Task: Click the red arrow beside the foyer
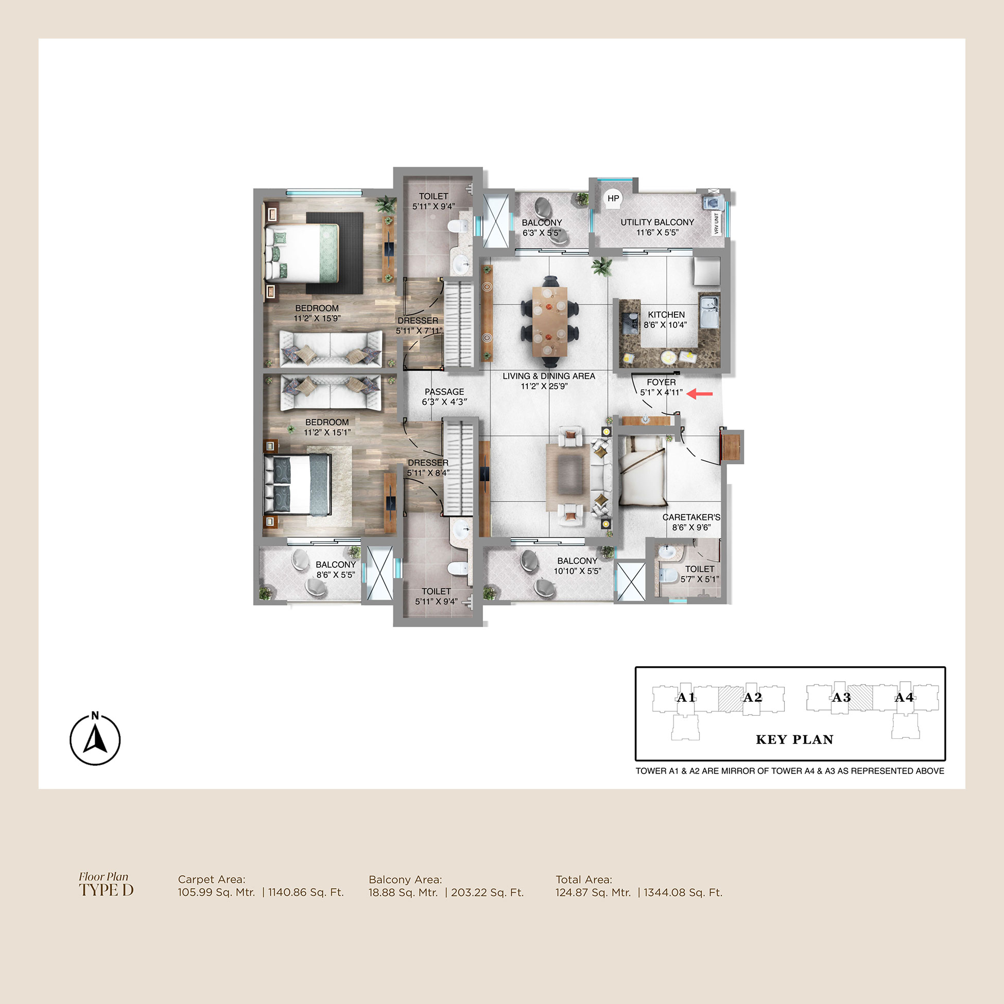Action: tap(700, 394)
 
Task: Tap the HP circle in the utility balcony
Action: tap(613, 199)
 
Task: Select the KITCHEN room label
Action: tap(666, 315)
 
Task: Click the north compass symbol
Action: tap(95, 738)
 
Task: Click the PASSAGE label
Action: tap(444, 392)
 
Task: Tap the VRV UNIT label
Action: tap(717, 223)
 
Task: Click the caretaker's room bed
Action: tap(642, 470)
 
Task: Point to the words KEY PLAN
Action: tap(794, 739)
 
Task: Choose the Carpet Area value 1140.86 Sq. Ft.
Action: tap(305, 892)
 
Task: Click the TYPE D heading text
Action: tap(106, 890)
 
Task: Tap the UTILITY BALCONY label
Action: tap(657, 222)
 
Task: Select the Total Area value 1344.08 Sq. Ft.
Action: tap(683, 892)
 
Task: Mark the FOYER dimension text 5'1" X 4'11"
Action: tap(661, 392)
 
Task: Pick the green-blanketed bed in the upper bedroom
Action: tap(302, 253)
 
